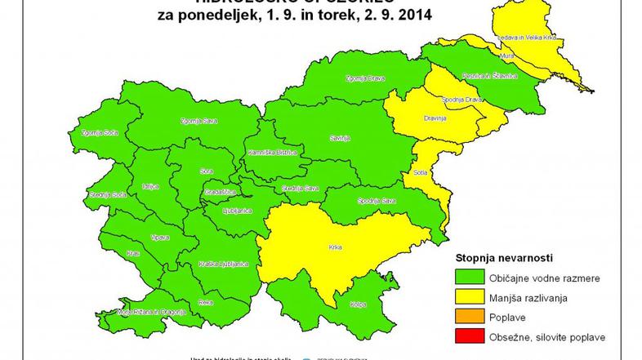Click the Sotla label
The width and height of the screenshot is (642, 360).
point(421,172)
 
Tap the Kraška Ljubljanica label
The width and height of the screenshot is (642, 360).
point(217,264)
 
